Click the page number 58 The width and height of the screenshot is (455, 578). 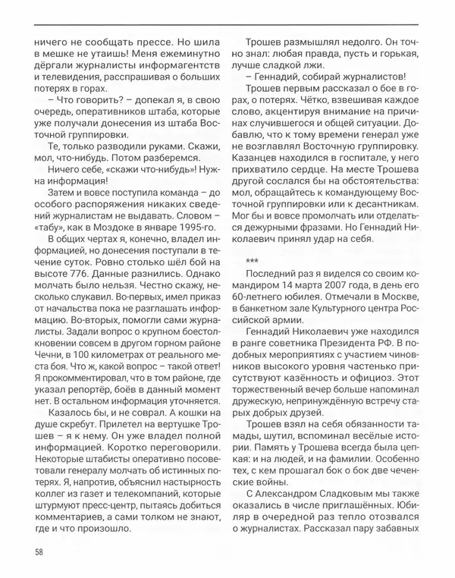click(x=38, y=550)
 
